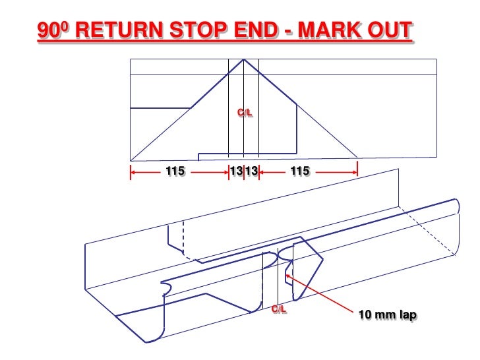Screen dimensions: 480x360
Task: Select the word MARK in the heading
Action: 330,30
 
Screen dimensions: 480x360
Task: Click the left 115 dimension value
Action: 175,171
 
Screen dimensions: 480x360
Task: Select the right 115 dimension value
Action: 300,171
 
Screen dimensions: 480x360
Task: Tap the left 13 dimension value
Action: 237,171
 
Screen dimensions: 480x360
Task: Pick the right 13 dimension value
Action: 252,171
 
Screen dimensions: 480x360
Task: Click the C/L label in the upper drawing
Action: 245,113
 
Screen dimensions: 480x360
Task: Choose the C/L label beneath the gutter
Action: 279,309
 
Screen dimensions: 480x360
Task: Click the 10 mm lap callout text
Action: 387,315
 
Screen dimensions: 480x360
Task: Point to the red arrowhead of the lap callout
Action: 287,276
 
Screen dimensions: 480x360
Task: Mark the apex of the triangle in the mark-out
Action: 244,59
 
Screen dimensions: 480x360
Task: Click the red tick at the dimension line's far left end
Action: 131,172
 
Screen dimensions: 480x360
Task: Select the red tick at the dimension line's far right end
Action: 357,172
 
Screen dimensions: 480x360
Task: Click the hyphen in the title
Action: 288,31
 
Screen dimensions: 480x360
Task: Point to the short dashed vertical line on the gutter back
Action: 183,237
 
